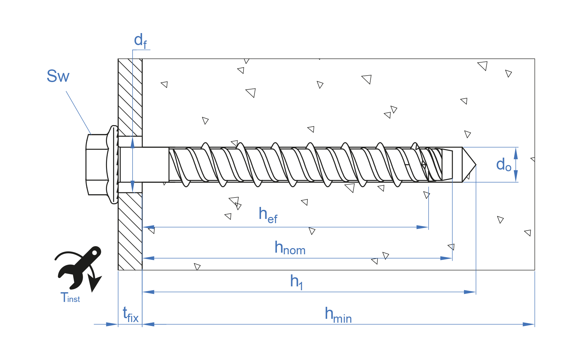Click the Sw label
58,76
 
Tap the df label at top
140,41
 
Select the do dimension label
503,165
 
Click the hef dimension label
268,215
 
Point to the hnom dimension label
290,248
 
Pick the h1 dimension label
296,282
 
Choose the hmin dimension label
338,315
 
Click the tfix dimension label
131,315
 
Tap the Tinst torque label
70,297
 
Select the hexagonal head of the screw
97,165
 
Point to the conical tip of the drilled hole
469,165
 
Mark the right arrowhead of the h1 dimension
470,292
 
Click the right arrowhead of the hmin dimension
529,324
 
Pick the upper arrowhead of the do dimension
516,153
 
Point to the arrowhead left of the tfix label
112,324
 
